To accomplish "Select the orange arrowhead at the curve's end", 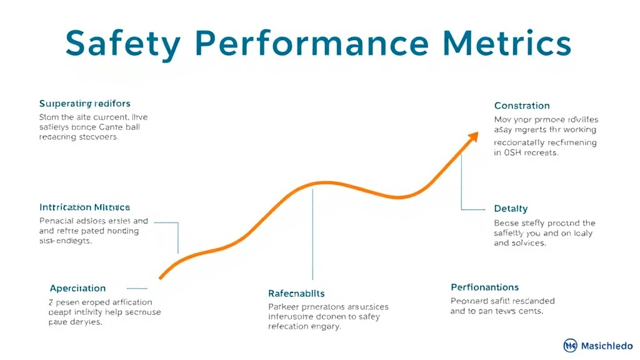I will click(x=472, y=137).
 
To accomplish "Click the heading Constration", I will click(x=522, y=106).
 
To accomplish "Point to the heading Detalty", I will click(x=511, y=209).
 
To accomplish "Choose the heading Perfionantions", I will click(x=484, y=287).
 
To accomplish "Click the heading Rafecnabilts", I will click(x=296, y=293).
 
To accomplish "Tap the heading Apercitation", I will click(x=77, y=288).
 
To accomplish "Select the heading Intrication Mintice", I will click(x=84, y=207).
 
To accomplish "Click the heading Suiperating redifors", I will click(x=84, y=103).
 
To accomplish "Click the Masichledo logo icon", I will click(x=570, y=345).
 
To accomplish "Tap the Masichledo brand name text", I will click(x=606, y=345).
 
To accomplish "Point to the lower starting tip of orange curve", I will click(x=161, y=277).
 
